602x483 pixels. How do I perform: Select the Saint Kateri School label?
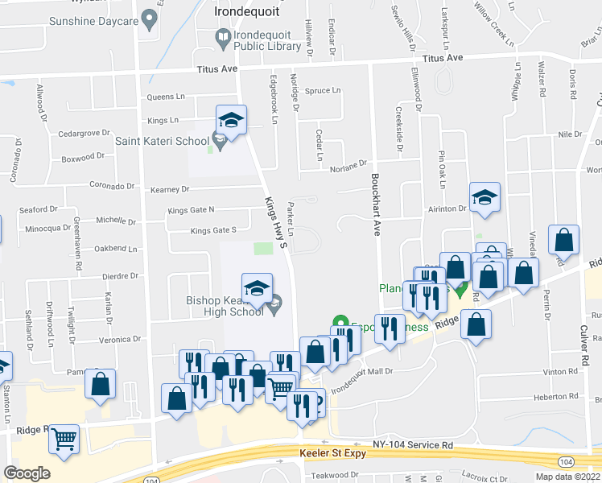pos(161,142)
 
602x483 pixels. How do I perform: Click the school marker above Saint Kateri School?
pos(231,122)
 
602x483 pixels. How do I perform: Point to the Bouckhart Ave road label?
pos(375,200)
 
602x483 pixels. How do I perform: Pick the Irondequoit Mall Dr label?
pos(361,371)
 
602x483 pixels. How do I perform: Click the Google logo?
pos(27,473)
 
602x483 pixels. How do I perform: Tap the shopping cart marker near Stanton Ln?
pos(64,440)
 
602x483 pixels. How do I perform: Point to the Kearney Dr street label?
pos(169,189)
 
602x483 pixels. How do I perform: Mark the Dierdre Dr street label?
pos(121,275)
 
